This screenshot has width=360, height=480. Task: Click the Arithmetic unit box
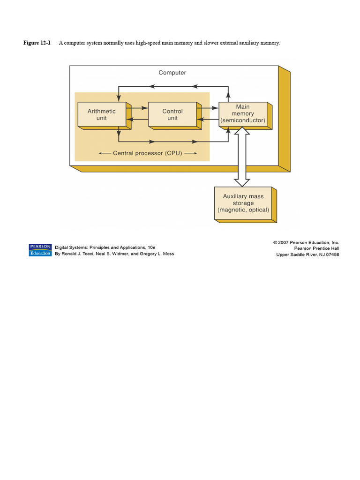102,115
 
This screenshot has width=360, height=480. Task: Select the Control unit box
172,115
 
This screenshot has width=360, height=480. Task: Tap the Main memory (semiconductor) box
243,114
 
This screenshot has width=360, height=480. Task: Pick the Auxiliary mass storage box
243,203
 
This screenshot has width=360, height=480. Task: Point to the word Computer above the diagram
172,73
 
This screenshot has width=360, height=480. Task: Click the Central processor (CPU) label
148,153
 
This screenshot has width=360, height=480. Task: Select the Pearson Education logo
40,250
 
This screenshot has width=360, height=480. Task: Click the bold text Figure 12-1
37,43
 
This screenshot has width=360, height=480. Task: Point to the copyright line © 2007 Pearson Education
306,242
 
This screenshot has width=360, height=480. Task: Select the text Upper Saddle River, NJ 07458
307,255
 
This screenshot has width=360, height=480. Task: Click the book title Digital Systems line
105,247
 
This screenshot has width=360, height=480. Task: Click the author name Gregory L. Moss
157,254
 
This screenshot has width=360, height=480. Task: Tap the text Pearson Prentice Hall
316,248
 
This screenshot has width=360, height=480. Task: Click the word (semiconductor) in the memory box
243,120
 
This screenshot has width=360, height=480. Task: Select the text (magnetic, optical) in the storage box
243,210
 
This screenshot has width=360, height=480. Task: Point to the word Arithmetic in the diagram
102,112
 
